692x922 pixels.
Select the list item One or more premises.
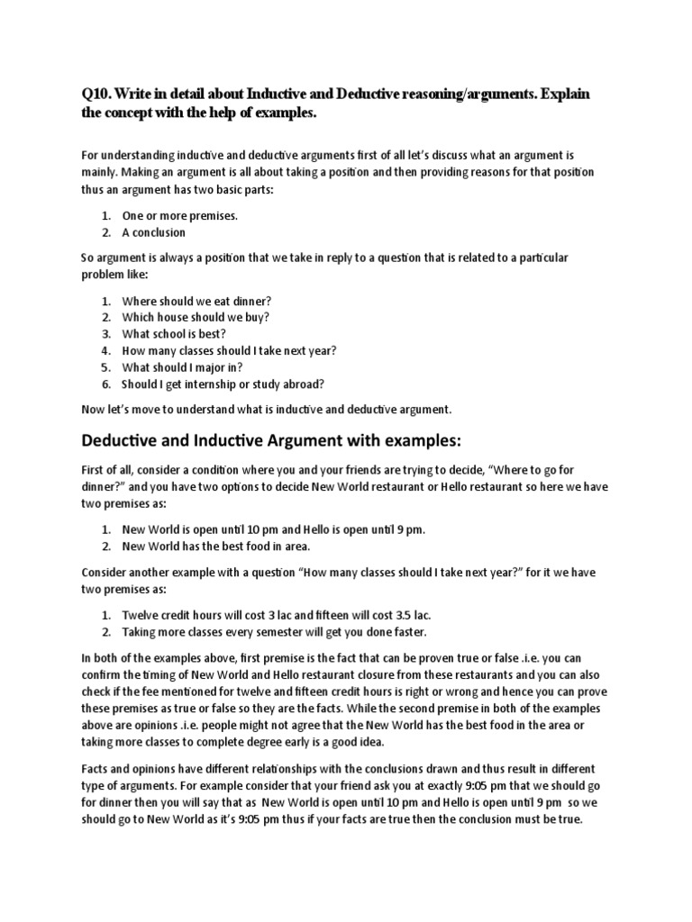click(x=180, y=216)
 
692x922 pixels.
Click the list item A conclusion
click(x=154, y=232)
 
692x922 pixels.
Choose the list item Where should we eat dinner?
click(x=196, y=301)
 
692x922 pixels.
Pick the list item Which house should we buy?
click(x=196, y=317)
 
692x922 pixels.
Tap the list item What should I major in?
click(x=183, y=367)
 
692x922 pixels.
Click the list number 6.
click(x=105, y=384)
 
